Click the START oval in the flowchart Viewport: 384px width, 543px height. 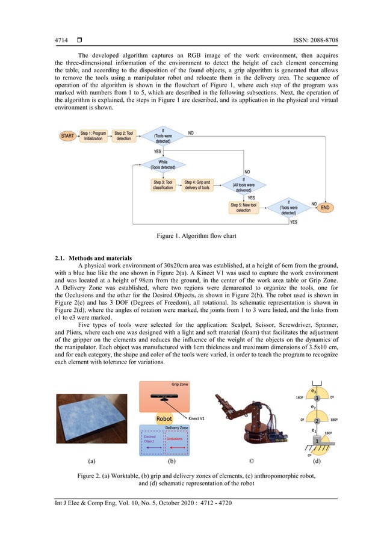67,137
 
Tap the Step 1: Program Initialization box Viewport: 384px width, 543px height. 93,137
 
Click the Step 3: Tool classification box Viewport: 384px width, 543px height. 163,185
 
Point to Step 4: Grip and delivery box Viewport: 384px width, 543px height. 197,185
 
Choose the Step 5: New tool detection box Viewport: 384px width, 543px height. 243,207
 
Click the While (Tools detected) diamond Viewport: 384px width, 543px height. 163,164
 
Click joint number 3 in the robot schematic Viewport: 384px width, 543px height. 316,398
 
